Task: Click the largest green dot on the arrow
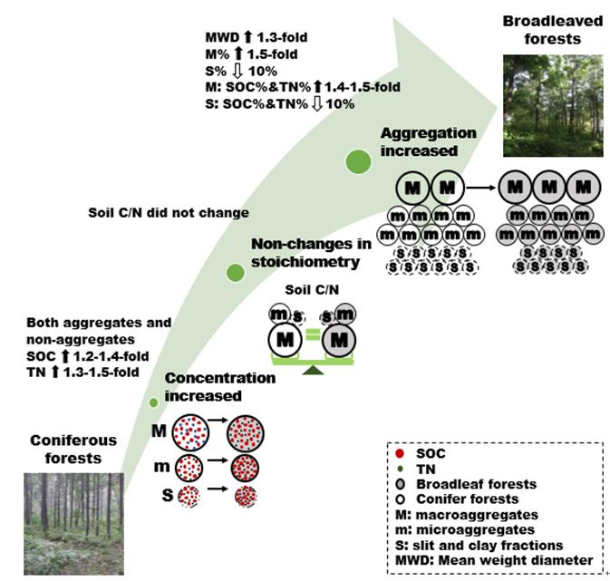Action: (359, 161)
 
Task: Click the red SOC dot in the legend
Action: (396, 450)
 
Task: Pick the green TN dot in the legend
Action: (396, 467)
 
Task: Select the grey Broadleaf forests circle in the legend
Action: (396, 484)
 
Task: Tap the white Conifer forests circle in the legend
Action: (396, 499)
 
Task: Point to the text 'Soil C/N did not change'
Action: (168, 213)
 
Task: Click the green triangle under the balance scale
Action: (314, 369)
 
